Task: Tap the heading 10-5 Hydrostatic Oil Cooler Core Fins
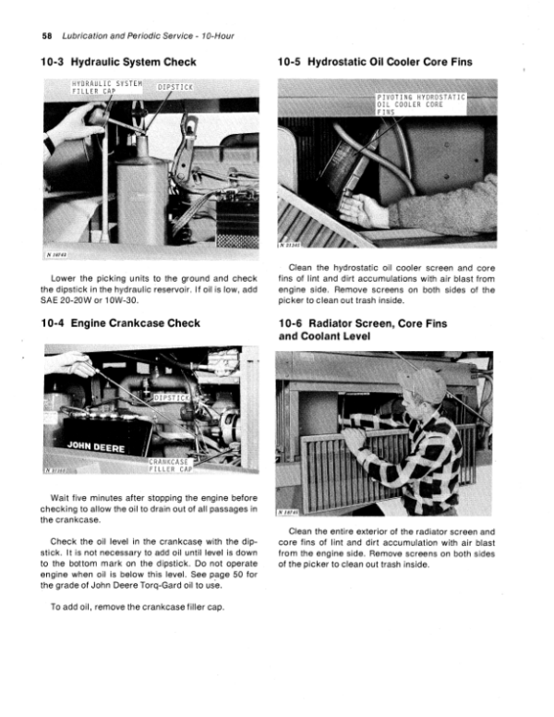374,63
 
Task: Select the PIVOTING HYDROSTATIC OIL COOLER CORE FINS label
417,104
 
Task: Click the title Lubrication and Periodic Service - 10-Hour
136,35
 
